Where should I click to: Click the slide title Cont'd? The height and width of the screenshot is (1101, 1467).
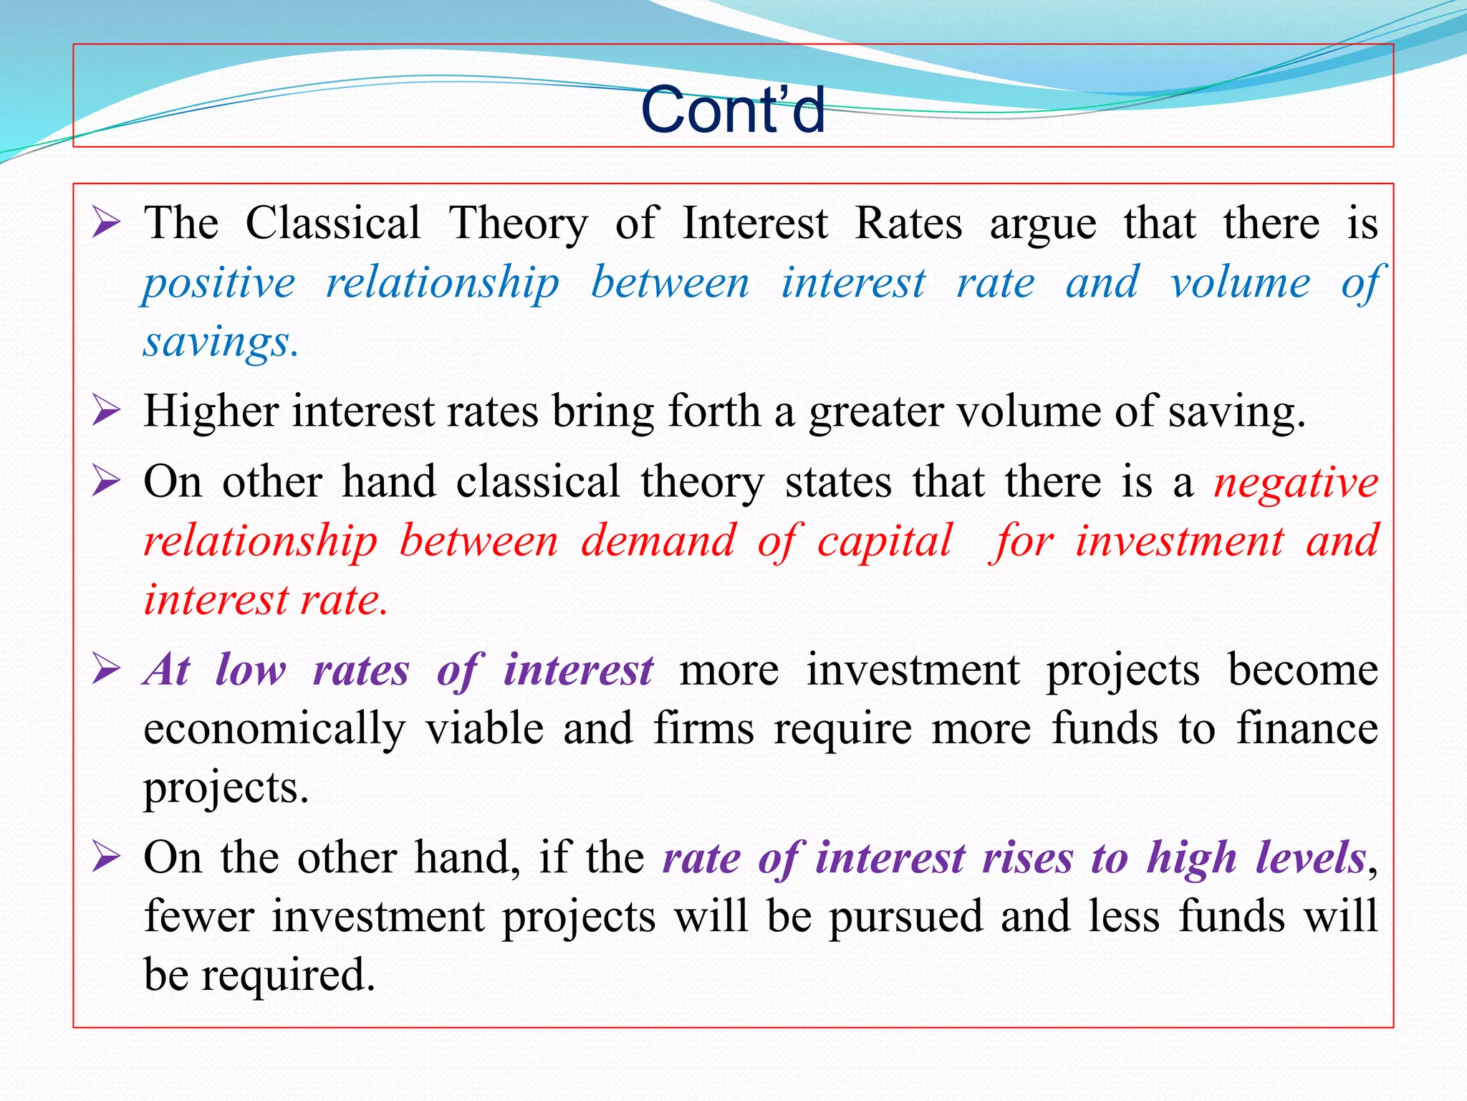pos(733,110)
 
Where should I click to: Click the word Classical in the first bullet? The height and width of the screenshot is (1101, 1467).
pos(333,223)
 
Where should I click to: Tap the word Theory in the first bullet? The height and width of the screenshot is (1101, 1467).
pos(518,223)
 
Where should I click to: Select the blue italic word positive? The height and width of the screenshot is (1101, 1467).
pos(219,282)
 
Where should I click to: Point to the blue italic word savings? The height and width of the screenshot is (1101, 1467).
pos(220,342)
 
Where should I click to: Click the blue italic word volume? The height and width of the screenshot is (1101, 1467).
pos(1240,282)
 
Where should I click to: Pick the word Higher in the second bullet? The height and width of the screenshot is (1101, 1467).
pos(211,412)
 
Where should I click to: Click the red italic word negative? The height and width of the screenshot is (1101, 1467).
pos(1296,482)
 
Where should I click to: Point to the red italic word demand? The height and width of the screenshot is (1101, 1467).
pos(658,540)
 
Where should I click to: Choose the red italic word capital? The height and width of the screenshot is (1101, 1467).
pos(885,540)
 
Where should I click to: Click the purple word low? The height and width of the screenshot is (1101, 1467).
pos(251,670)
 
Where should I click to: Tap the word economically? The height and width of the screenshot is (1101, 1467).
pos(274,730)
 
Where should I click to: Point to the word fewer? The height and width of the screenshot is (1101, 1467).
pos(199,916)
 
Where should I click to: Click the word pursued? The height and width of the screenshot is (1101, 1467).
pos(906,917)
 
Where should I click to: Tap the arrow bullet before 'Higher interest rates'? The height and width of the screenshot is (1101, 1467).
pos(106,412)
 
